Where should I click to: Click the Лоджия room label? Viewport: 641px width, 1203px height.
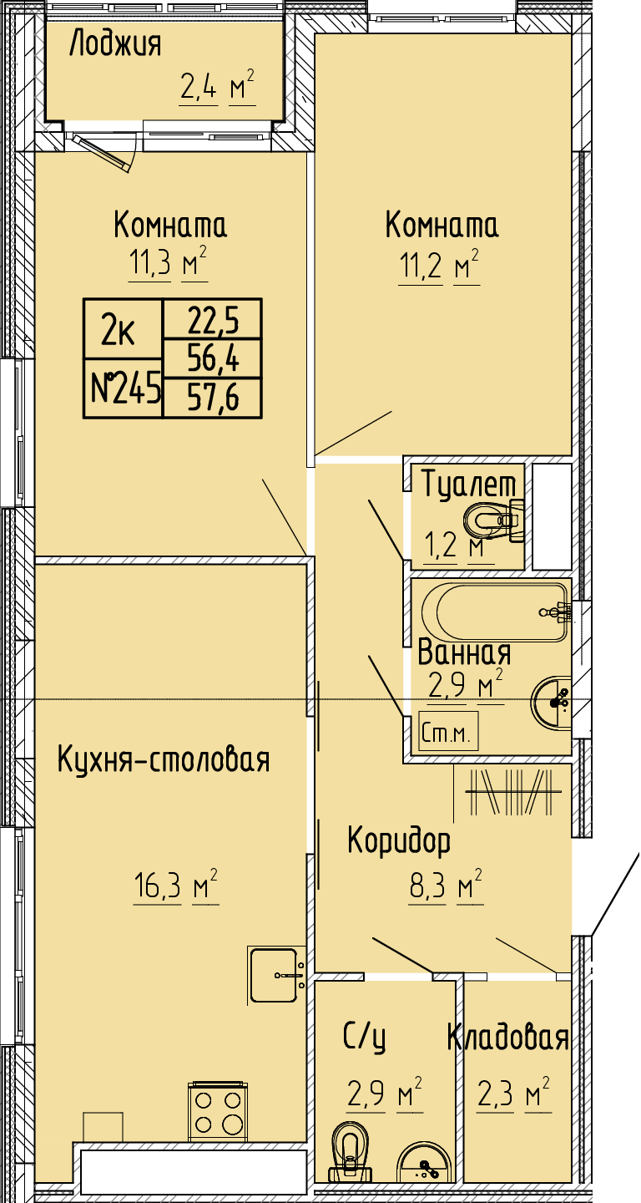click(x=115, y=44)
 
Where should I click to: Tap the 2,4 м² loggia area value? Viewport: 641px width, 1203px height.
click(x=217, y=86)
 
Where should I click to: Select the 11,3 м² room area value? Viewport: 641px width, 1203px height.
click(x=168, y=263)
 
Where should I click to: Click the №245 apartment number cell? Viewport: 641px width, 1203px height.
click(x=123, y=388)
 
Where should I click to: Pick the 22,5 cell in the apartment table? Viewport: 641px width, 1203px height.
click(x=213, y=319)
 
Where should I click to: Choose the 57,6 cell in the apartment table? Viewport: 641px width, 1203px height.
click(x=213, y=398)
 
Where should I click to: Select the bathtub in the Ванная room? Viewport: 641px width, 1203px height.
click(x=495, y=612)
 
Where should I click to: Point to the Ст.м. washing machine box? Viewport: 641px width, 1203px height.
click(x=448, y=732)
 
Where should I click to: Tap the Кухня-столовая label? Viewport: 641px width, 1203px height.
click(x=163, y=760)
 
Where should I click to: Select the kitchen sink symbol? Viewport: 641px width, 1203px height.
click(x=277, y=975)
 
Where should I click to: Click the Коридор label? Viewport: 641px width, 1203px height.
click(x=399, y=842)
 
